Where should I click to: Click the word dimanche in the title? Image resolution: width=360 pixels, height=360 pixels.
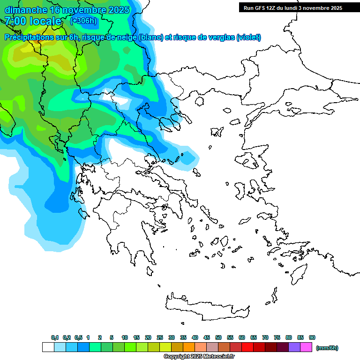tap(26, 10)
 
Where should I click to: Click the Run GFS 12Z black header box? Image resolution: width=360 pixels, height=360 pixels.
tap(292, 7)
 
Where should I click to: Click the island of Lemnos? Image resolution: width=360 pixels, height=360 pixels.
tap(216, 131)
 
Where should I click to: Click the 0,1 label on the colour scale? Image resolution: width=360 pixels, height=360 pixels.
tap(54, 337)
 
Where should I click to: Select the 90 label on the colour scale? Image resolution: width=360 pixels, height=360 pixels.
tap(312, 337)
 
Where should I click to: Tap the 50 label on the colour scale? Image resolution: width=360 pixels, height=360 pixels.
tap(218, 337)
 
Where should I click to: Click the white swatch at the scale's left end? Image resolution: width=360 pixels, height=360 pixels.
tap(48, 347)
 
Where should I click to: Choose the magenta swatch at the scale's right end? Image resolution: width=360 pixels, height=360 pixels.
tap(306, 347)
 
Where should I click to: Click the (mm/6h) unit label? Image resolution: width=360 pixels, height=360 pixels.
tap(327, 348)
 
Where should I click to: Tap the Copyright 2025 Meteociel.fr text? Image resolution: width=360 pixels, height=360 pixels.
tap(199, 357)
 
